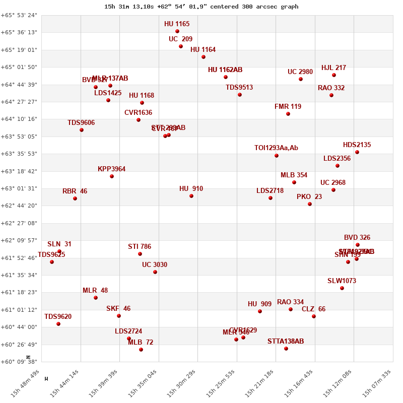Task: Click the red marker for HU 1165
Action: [177, 31]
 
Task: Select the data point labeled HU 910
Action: [191, 196]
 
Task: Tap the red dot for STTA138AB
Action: [286, 349]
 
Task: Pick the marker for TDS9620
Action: [58, 324]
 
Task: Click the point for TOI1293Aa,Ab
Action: [277, 156]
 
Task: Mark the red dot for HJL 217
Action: [334, 75]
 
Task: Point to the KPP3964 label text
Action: [112, 169]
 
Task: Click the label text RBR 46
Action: [75, 191]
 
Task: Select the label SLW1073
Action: [342, 281]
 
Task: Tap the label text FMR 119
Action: [288, 107]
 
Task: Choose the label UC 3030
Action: [155, 265]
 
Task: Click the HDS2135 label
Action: [357, 145]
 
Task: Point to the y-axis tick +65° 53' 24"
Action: [19, 15]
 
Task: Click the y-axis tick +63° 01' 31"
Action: [19, 188]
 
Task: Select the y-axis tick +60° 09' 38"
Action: [19, 362]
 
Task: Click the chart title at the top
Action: [201, 7]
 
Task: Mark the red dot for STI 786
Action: [140, 254]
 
